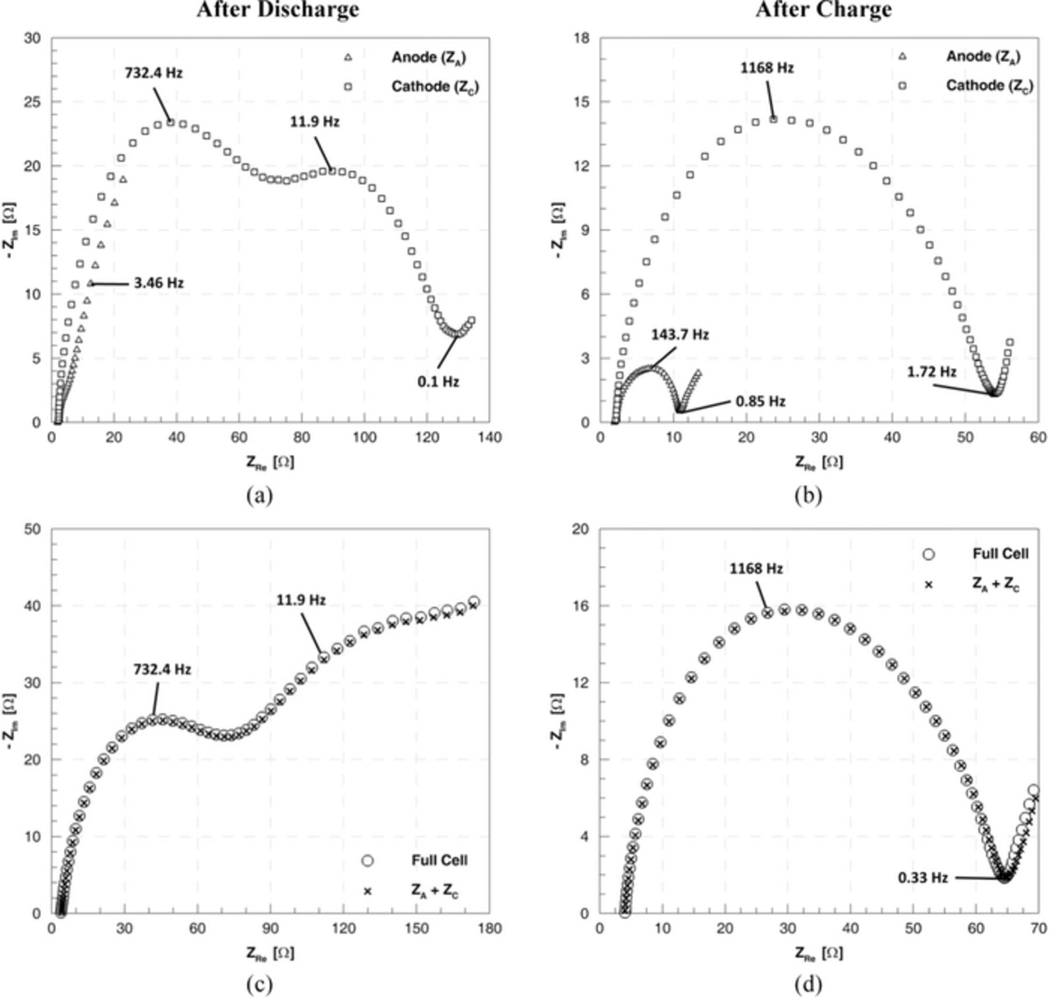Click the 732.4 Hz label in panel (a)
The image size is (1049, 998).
click(x=153, y=73)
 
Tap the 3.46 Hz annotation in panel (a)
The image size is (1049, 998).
click(x=159, y=283)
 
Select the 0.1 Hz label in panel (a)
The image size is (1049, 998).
click(x=438, y=382)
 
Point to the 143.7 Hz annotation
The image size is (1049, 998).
click(x=680, y=335)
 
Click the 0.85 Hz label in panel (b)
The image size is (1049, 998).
click(x=760, y=401)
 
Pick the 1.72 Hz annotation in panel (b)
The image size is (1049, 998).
click(x=931, y=372)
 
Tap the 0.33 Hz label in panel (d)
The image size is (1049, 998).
click(x=923, y=877)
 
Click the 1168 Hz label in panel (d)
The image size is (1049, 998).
click(x=756, y=568)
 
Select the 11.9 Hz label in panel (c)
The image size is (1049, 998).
click(x=301, y=599)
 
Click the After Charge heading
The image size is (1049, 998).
click(x=823, y=9)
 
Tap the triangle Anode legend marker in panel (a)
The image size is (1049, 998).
click(x=348, y=57)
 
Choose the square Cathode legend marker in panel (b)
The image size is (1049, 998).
click(x=902, y=86)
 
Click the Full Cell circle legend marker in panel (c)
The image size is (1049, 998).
click(x=367, y=861)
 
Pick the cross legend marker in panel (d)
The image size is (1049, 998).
click(x=928, y=584)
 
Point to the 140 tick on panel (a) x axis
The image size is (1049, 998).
click(x=489, y=437)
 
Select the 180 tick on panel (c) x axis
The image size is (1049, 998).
click(x=489, y=928)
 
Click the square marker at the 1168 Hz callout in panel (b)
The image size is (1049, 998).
click(x=773, y=119)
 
